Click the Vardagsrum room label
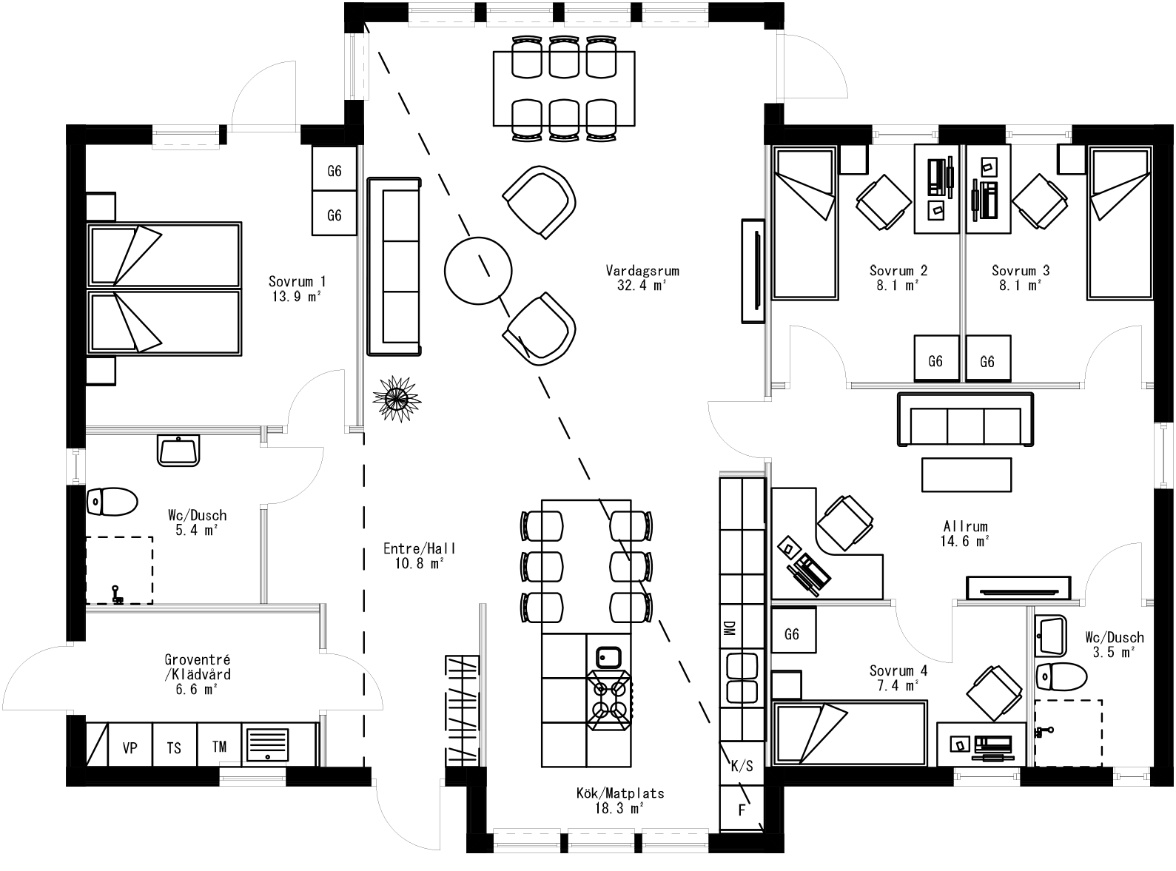click(642, 271)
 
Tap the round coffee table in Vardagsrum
click(478, 270)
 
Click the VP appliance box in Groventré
click(130, 747)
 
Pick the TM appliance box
click(219, 746)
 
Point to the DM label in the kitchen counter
click(729, 628)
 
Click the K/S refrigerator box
click(742, 765)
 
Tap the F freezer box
click(742, 810)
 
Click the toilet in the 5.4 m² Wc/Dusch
click(112, 502)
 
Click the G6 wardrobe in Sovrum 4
click(793, 634)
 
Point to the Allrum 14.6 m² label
click(965, 534)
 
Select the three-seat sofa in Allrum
click(965, 420)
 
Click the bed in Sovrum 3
click(1120, 222)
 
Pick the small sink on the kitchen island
click(608, 656)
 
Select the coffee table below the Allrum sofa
click(966, 474)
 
